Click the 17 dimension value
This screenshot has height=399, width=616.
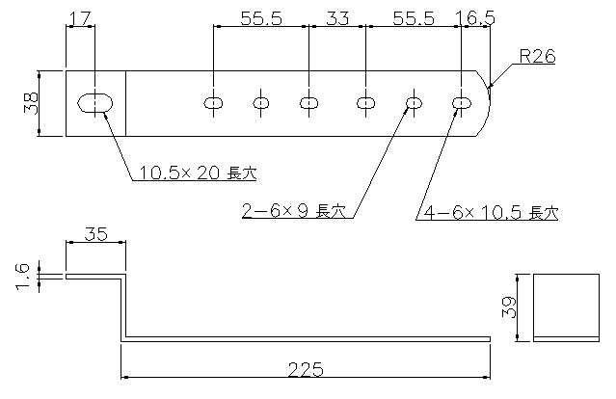[80, 18]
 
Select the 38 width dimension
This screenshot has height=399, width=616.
[31, 103]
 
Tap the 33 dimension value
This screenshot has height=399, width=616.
[337, 18]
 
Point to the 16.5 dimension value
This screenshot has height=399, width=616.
[475, 18]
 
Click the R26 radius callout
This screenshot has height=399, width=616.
[537, 57]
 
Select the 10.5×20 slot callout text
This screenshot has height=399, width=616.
[198, 173]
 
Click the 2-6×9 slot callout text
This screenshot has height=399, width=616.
[294, 211]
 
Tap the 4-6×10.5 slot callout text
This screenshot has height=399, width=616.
[491, 212]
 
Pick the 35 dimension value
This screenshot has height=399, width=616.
[95, 234]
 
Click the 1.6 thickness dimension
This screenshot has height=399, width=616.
[22, 277]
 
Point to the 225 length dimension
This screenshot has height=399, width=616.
[306, 369]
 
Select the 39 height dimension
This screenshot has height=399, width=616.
[509, 307]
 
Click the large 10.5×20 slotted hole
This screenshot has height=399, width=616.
[95, 103]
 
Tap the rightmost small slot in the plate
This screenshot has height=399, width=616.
[462, 103]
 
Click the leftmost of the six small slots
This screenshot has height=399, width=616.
[213, 103]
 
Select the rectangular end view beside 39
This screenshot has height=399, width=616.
[566, 307]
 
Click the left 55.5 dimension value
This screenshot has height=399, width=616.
[261, 18]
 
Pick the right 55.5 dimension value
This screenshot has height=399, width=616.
[414, 18]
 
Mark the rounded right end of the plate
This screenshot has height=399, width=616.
[490, 103]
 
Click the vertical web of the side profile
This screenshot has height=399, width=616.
[123, 307]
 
